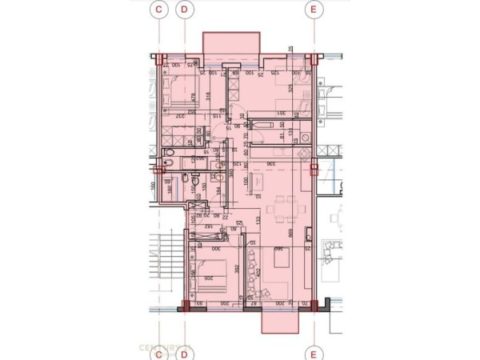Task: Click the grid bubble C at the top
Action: coord(159,10)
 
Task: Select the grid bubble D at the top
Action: coord(186,10)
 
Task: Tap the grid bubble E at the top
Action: coord(313,10)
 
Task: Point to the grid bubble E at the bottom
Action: coord(313,350)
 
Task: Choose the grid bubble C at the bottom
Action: coord(159,350)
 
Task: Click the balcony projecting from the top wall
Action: coord(231,44)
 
